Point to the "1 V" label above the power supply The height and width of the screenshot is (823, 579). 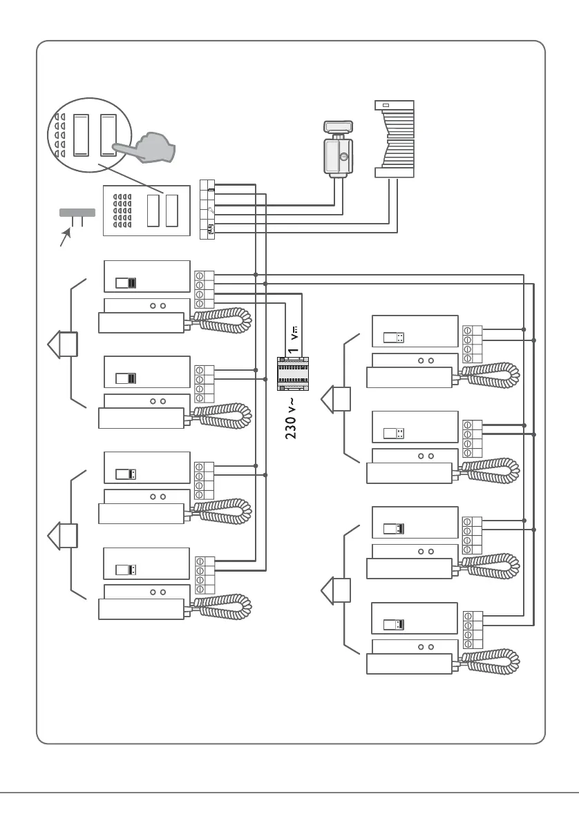pyautogui.click(x=294, y=341)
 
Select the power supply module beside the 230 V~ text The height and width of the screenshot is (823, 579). pyautogui.click(x=293, y=374)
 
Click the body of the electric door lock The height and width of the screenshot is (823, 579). pyautogui.click(x=339, y=157)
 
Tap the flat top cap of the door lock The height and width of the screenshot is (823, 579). pyautogui.click(x=339, y=126)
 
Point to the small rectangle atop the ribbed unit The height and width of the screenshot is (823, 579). pyautogui.click(x=386, y=106)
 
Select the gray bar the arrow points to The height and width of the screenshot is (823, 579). pyautogui.click(x=77, y=213)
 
